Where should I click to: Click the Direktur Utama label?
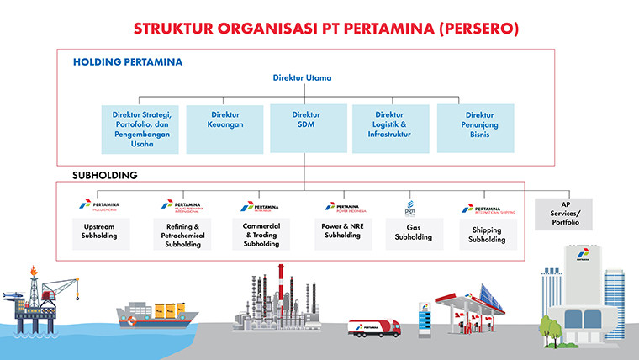[x=303, y=78]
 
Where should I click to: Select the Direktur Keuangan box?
[x=226, y=129]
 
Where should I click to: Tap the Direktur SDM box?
[x=306, y=129]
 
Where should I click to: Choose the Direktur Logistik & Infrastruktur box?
[x=389, y=129]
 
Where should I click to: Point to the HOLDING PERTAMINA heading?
[x=128, y=61]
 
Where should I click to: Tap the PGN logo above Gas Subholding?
[x=411, y=207]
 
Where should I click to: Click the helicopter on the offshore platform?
[x=12, y=296]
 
